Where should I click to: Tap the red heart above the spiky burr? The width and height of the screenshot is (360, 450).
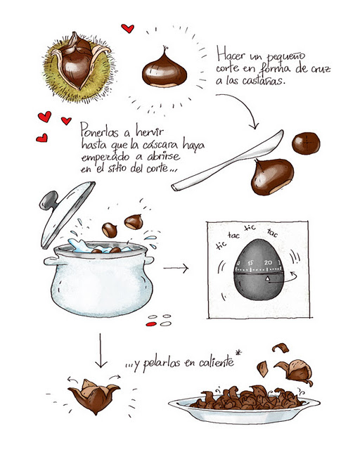[x=127, y=28]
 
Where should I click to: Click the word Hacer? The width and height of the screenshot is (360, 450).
[x=235, y=53]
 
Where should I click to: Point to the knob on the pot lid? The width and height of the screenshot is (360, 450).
[x=47, y=202]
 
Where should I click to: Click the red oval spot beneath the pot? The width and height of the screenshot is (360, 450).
[x=150, y=325]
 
